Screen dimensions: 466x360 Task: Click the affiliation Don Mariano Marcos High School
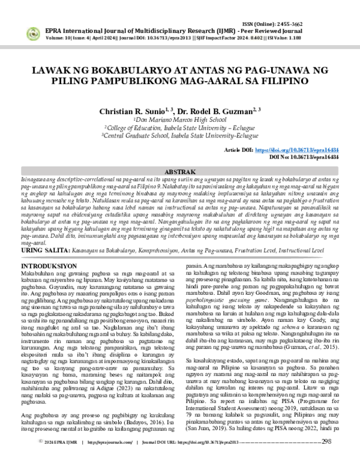point(179,120)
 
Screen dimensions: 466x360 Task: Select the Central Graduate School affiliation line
point(179,135)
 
